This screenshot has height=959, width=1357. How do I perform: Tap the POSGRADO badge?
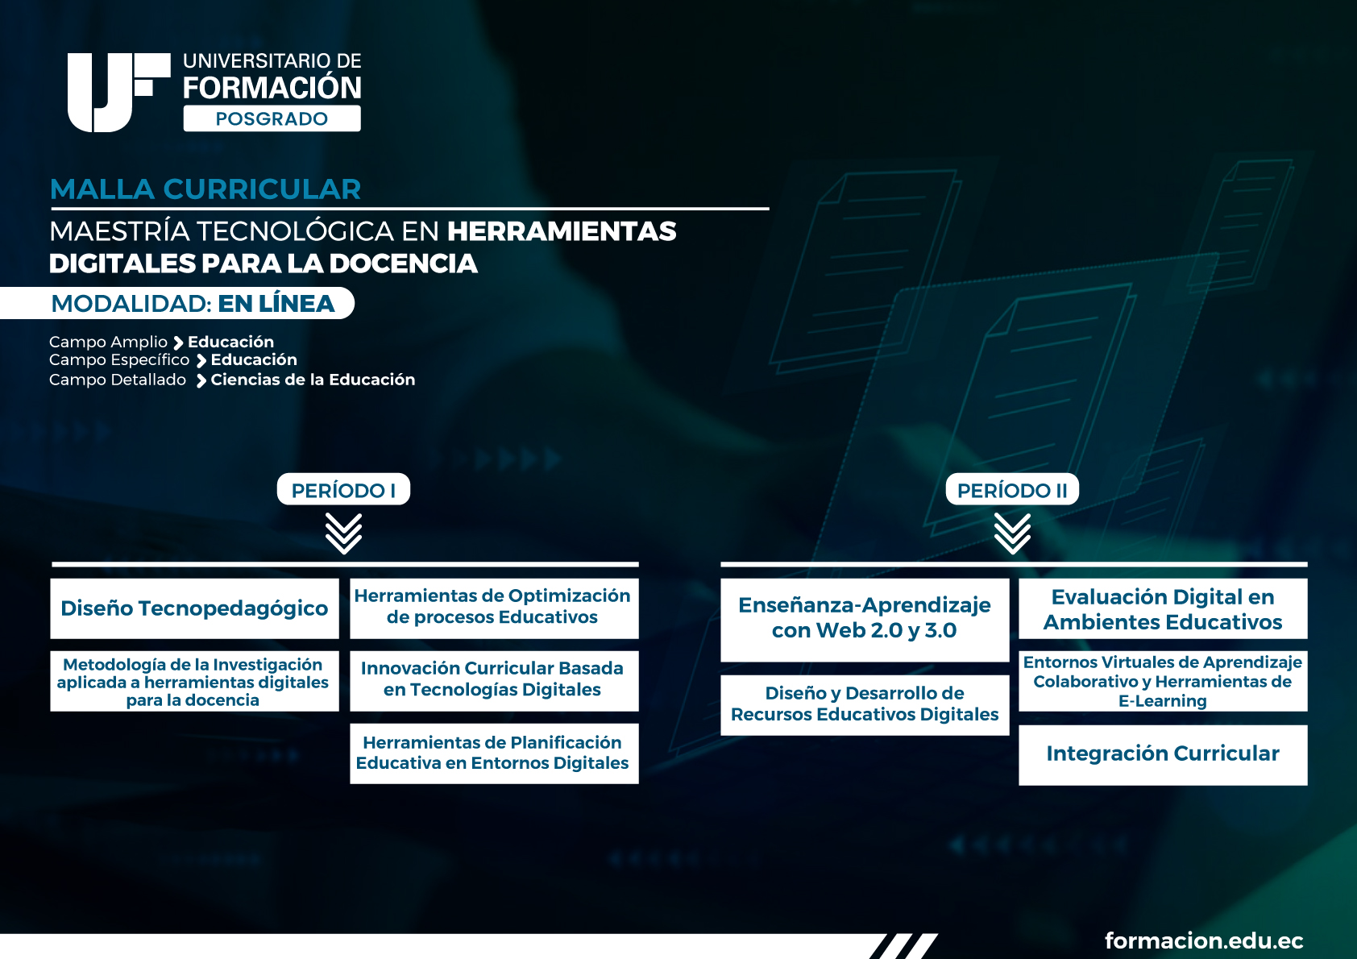272,118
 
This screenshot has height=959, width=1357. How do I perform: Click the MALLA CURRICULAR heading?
205,189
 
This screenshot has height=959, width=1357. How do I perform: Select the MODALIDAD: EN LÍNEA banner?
177,303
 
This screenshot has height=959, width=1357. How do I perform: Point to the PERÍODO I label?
343,489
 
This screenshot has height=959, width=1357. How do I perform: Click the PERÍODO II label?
1012,489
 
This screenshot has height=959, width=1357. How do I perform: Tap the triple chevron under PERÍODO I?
343,533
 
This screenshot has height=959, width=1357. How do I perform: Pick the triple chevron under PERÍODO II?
1012,533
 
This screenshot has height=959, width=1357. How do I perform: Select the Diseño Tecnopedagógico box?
194,608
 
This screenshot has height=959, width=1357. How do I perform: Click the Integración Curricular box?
1163,755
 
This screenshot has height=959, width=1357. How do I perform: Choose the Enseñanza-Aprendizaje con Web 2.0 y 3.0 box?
865,620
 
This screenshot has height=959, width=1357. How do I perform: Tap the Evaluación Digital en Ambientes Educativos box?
1163,608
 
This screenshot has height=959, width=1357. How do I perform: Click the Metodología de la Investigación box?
194,681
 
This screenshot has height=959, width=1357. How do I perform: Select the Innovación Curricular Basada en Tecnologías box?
494,681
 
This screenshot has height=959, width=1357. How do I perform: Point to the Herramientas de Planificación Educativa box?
494,753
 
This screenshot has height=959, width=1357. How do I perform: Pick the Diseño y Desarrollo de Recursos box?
865,705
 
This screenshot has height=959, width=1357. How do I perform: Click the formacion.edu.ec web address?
1204,940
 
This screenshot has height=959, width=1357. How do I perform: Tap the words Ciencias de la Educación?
313,380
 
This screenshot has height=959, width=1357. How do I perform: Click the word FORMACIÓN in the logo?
272,87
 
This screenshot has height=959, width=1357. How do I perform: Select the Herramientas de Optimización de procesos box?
494,608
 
